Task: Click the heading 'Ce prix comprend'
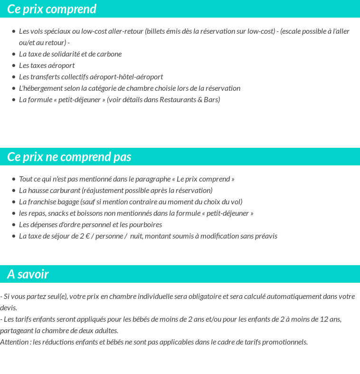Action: (52, 9)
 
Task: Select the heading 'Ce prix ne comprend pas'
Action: (69, 157)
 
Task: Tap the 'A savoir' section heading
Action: (28, 274)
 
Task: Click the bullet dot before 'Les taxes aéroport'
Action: (14, 66)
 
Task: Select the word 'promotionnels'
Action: (286, 342)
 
